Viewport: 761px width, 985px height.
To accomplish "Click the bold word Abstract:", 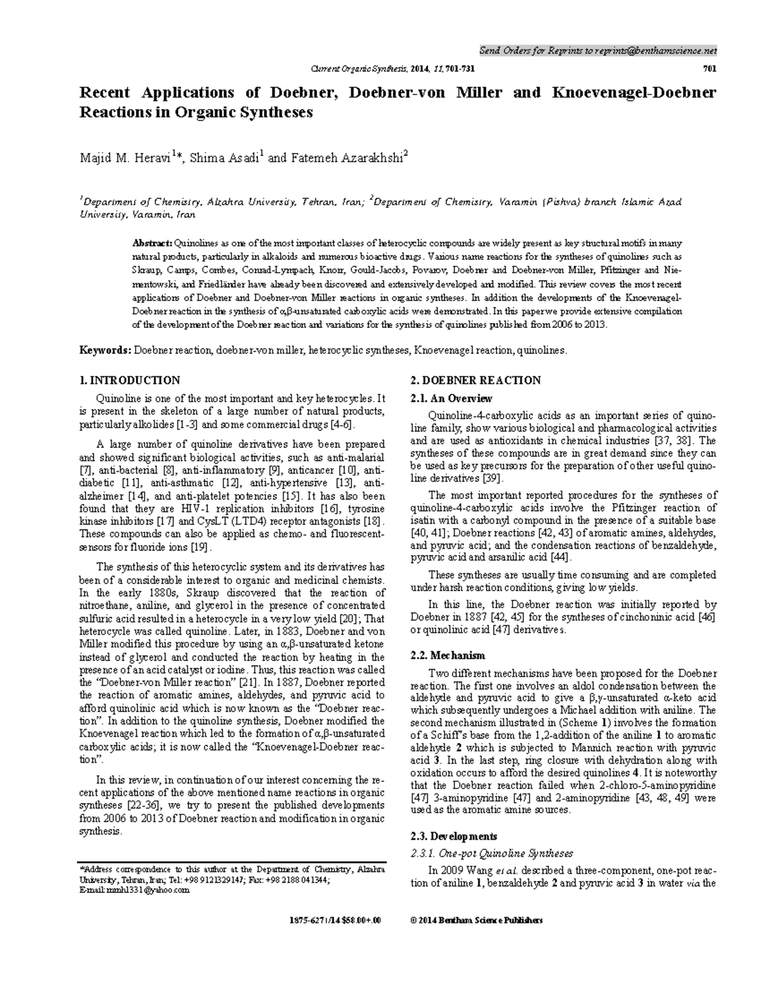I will point(152,243).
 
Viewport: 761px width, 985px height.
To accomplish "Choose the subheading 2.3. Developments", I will point(453,836).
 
